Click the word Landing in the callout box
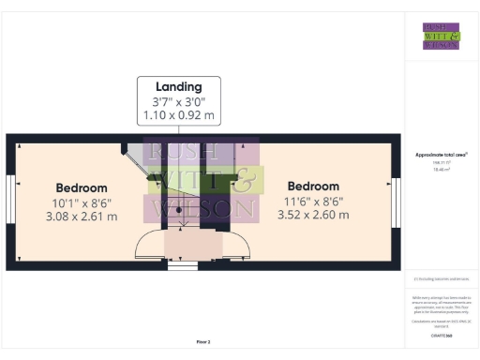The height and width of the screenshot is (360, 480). (179, 87)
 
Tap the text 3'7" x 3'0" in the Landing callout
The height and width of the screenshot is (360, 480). (179, 101)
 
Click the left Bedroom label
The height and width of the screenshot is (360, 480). (81, 187)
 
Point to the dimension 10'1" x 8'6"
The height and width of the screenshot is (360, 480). (81, 202)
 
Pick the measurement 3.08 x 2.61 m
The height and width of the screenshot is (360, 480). (81, 217)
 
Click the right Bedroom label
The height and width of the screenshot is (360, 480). (313, 186)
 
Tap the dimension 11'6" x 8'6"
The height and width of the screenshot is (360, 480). (313, 201)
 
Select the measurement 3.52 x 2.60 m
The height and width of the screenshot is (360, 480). (313, 215)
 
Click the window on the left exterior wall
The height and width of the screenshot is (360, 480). (9, 202)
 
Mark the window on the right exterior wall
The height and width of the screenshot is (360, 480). (397, 202)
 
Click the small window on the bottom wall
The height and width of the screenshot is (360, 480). (176, 266)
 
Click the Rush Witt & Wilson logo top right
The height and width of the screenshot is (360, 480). (441, 35)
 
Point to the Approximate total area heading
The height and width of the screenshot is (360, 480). (441, 155)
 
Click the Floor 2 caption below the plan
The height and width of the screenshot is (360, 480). (202, 342)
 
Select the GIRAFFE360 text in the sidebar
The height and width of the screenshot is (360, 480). (441, 334)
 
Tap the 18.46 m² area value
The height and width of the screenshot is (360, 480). (441, 170)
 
